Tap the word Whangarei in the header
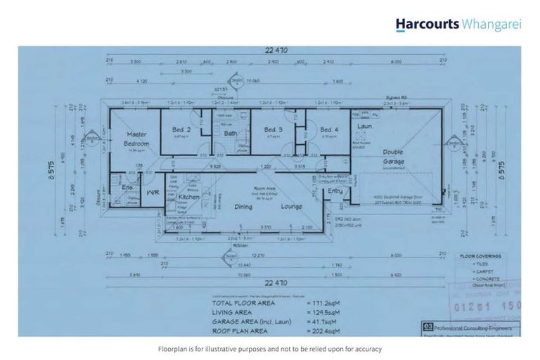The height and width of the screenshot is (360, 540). (491, 25)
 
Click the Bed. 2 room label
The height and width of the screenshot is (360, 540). (181, 129)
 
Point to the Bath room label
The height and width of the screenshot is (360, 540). (230, 133)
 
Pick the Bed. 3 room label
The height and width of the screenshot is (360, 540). (274, 129)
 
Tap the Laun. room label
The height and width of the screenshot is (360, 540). (365, 126)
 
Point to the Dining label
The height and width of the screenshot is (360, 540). (243, 207)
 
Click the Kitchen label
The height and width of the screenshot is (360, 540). (189, 197)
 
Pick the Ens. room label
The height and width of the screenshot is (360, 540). (127, 188)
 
